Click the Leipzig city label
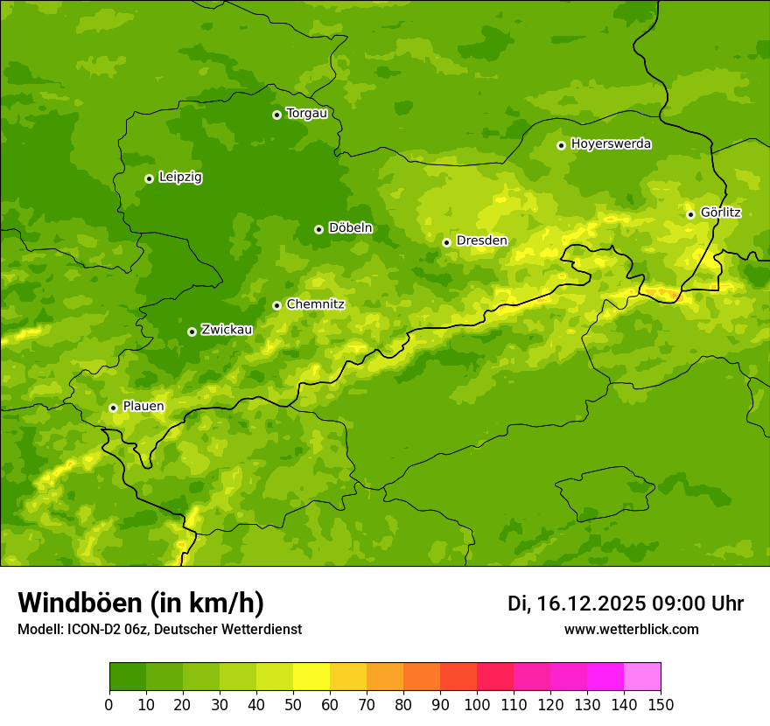[180, 178]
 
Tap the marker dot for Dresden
[446, 242]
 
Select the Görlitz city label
[720, 213]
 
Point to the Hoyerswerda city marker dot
[561, 145]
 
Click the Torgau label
[306, 114]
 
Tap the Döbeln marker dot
[318, 229]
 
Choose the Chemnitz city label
[315, 304]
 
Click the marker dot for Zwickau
[192, 332]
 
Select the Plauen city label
[143, 407]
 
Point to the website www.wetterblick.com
[631, 629]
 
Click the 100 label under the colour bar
[477, 704]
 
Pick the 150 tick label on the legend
[661, 704]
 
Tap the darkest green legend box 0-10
[128, 677]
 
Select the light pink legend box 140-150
[642, 677]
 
